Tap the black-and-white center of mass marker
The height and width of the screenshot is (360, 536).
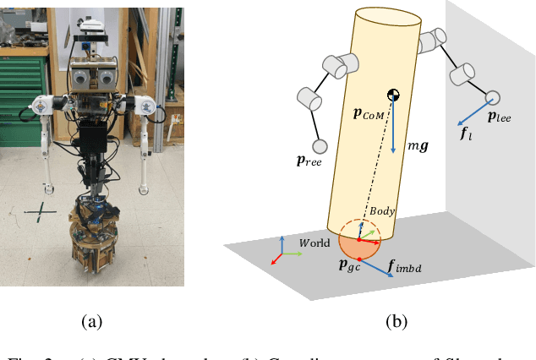coord(393,95)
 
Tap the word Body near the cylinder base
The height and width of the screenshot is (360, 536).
coord(382,209)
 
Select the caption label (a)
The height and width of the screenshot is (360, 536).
coord(91,321)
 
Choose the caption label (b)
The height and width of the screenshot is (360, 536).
coord(396,321)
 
